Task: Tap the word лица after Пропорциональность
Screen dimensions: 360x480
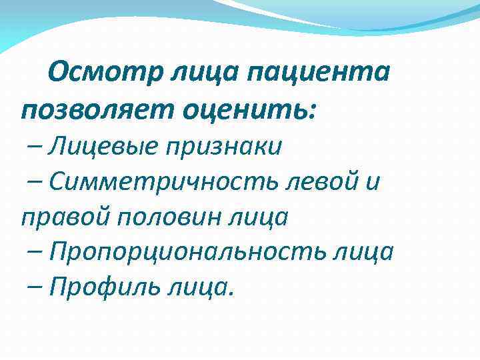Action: tap(365, 253)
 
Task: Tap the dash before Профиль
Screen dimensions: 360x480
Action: tap(37, 288)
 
